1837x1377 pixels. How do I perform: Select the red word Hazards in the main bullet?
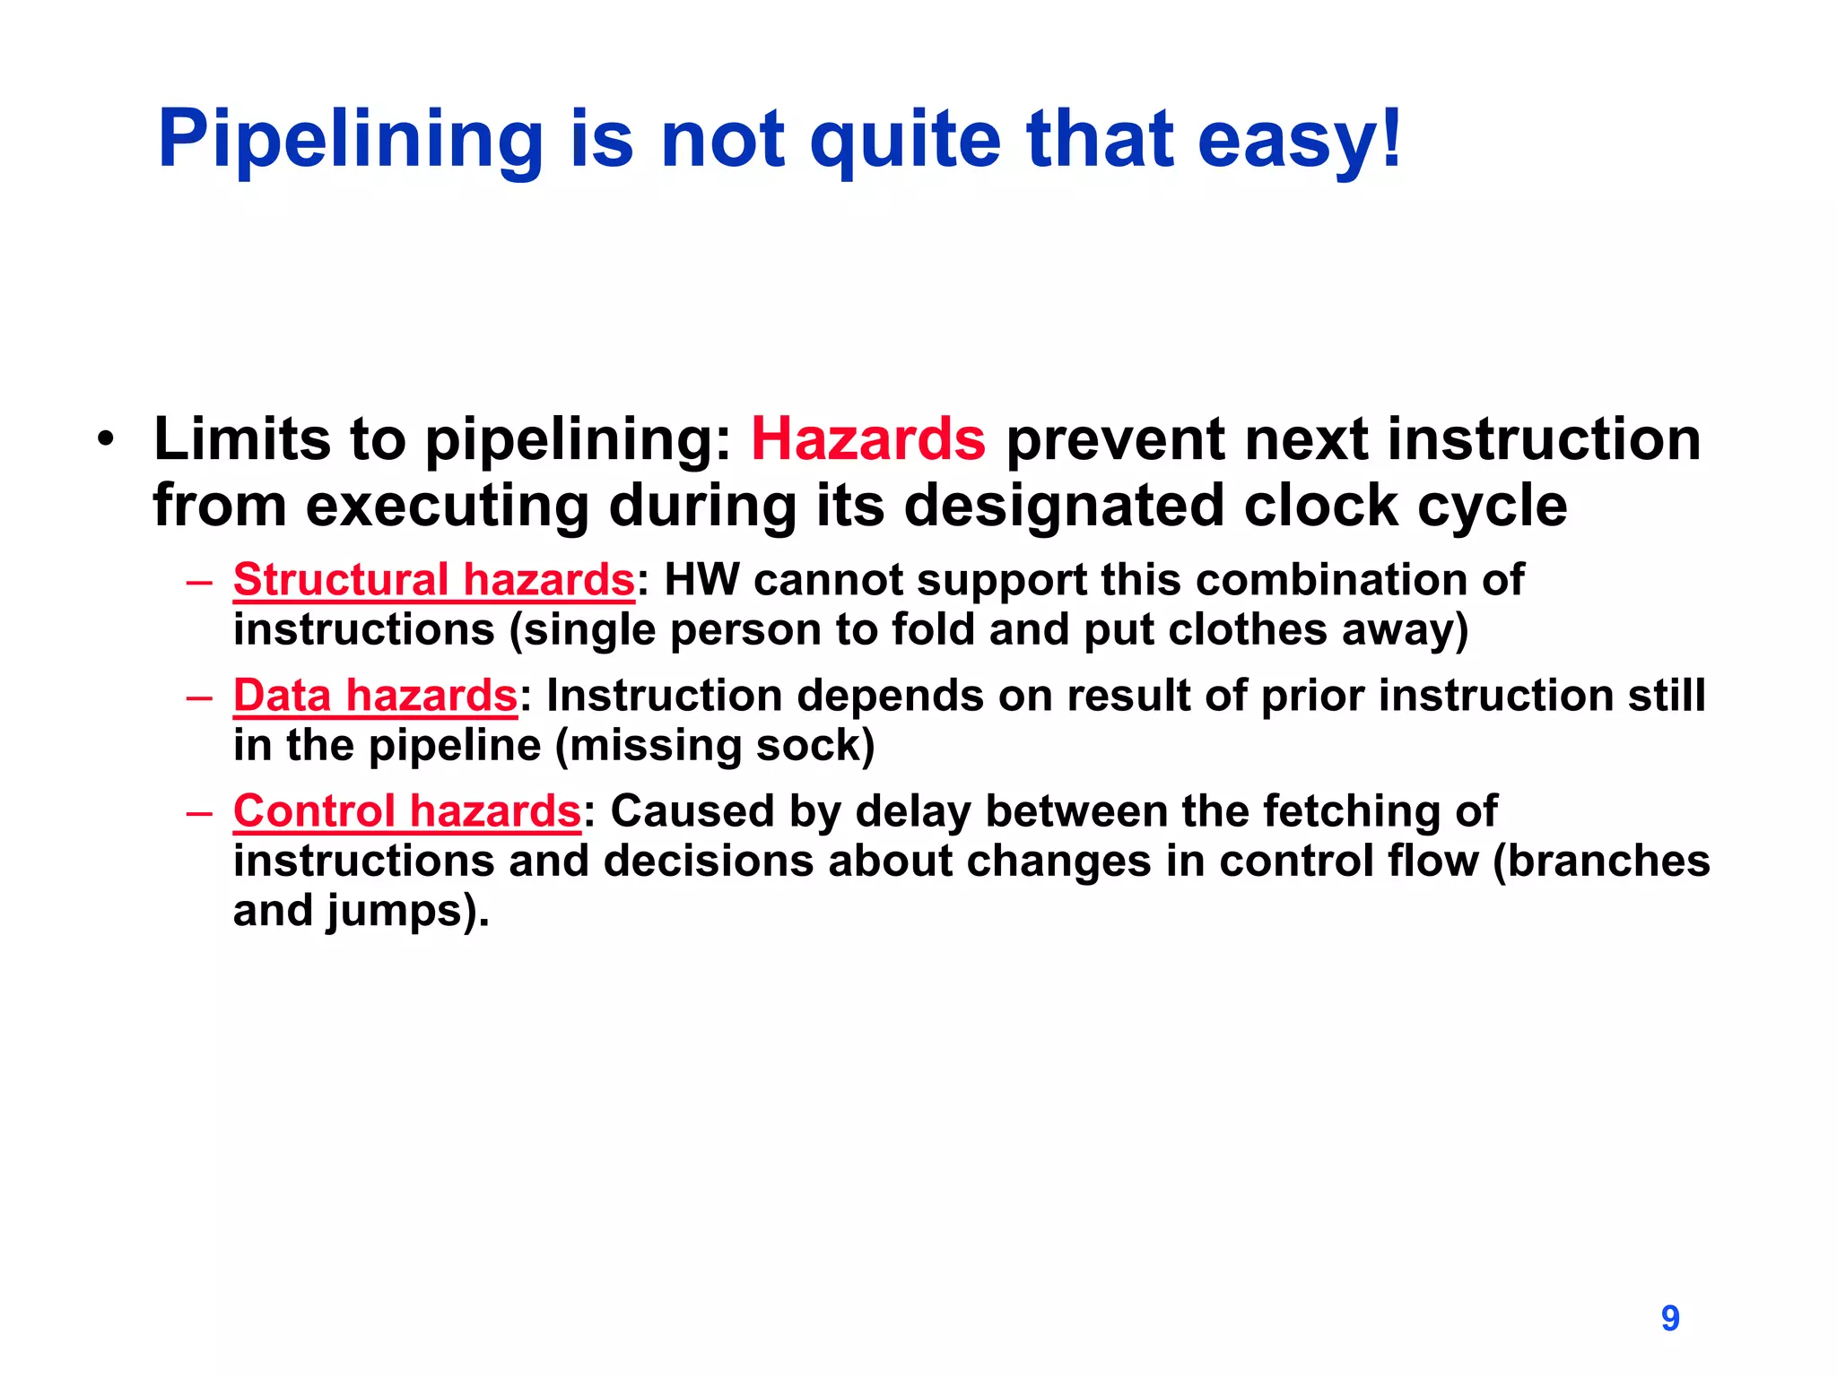[x=867, y=439]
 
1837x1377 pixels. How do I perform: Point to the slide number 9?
[x=1669, y=1318]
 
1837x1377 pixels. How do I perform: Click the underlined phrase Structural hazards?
[x=434, y=580]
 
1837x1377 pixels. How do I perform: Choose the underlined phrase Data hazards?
[x=375, y=696]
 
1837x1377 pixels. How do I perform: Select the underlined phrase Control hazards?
[x=407, y=811]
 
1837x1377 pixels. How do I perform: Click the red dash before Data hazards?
[x=199, y=697]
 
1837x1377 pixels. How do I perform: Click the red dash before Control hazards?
[x=199, y=813]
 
